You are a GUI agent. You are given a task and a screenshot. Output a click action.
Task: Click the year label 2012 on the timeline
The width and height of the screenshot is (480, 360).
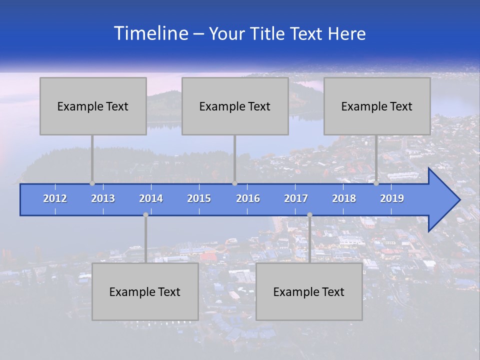click(55, 198)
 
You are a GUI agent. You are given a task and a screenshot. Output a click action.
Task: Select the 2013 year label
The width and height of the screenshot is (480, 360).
click(103, 198)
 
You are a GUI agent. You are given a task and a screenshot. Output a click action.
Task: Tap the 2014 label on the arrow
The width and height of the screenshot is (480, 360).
click(151, 198)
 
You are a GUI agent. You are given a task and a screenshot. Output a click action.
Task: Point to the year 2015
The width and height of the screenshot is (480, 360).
click(199, 198)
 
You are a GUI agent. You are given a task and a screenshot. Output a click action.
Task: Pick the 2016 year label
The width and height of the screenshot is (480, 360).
click(248, 198)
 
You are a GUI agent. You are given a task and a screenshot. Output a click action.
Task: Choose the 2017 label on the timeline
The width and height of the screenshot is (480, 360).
click(296, 198)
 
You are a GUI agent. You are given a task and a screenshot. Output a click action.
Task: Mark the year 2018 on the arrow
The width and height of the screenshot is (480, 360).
click(344, 198)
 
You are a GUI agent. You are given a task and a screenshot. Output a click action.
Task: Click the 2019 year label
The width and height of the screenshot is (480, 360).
click(392, 198)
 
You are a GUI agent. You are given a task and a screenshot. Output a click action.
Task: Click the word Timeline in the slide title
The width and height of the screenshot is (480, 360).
click(150, 33)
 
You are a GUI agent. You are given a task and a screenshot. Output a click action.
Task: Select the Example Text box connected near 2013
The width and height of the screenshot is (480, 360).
click(93, 106)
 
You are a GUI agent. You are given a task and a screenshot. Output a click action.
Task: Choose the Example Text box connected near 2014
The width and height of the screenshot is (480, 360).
click(145, 291)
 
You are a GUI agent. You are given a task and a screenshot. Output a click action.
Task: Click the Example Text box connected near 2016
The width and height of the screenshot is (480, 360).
click(235, 106)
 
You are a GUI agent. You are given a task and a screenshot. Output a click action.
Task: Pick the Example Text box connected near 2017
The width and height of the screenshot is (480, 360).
click(309, 291)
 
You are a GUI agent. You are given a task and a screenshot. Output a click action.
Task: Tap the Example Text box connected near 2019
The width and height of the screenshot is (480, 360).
click(377, 106)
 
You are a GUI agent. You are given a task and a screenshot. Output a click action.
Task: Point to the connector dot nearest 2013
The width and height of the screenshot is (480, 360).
click(92, 183)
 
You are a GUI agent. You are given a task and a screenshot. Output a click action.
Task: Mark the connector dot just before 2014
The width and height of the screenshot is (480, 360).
click(145, 215)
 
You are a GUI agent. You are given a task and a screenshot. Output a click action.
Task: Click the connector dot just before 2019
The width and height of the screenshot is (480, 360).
click(376, 183)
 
